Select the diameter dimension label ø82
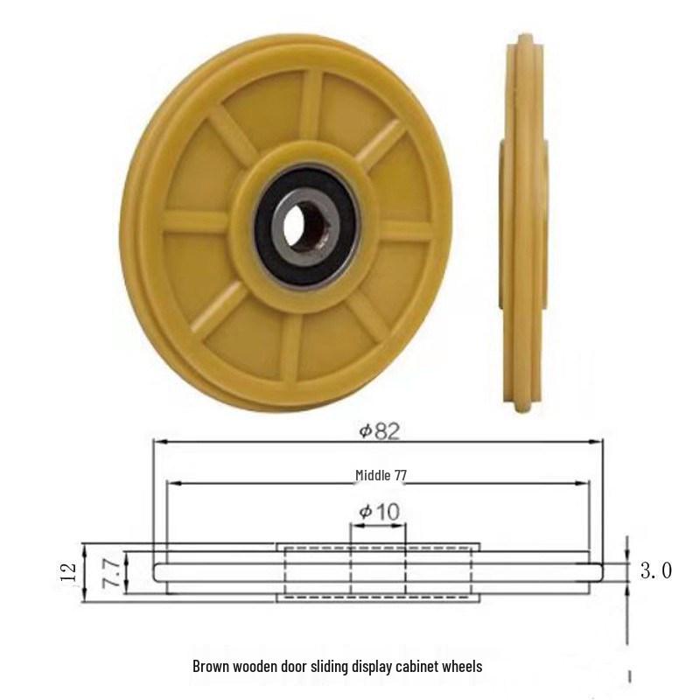pos(378,430)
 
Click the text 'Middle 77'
pos(381,475)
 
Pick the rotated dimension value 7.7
pos(111,572)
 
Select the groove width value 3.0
pos(655,572)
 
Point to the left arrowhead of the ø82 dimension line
pos(158,442)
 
